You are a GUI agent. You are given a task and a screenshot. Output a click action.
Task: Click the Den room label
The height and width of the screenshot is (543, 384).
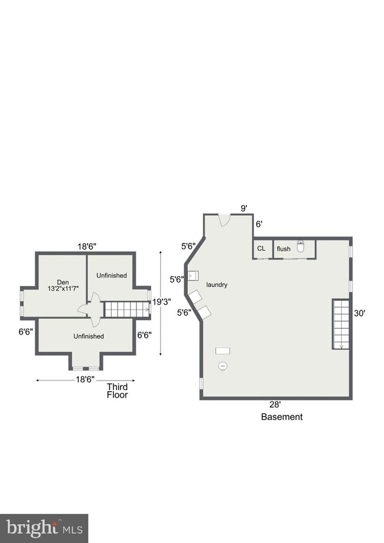click(63, 282)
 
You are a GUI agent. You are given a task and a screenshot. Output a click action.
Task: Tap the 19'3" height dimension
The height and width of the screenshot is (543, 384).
click(162, 301)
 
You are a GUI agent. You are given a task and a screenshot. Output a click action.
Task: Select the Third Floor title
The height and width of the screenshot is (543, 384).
click(117, 391)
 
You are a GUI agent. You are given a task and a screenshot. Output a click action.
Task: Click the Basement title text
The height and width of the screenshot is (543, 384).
click(282, 417)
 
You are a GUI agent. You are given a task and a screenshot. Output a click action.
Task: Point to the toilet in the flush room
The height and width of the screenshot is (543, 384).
click(301, 246)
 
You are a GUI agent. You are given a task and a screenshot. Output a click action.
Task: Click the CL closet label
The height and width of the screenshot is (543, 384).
click(261, 248)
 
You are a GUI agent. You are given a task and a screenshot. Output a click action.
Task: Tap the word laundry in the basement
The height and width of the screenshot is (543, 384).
click(217, 285)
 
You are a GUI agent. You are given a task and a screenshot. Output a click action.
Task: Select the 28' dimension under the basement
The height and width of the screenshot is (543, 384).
click(275, 404)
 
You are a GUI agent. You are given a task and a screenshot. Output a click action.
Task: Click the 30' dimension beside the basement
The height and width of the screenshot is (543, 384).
click(359, 313)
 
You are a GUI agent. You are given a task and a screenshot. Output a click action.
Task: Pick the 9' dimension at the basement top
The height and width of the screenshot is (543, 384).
click(244, 208)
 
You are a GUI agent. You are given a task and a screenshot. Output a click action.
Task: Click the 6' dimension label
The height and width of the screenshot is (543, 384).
click(259, 224)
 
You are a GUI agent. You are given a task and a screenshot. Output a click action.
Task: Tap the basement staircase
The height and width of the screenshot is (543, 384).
click(341, 324)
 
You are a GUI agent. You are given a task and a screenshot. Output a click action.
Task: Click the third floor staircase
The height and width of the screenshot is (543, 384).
click(126, 309)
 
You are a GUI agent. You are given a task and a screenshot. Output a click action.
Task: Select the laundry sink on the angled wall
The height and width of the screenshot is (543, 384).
click(193, 276)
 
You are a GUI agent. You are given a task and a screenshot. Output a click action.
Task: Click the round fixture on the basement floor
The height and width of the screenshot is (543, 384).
click(223, 366)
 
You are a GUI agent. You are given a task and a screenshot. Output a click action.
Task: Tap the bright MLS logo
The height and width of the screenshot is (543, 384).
click(44, 528)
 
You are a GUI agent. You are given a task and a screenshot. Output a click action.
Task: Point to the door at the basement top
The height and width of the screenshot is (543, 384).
click(224, 220)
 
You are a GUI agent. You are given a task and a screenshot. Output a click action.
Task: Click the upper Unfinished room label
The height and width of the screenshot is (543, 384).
click(112, 275)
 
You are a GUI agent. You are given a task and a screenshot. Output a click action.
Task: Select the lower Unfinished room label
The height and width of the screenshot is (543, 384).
click(89, 336)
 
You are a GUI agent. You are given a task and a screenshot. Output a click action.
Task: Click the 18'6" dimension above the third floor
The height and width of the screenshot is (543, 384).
click(87, 246)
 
